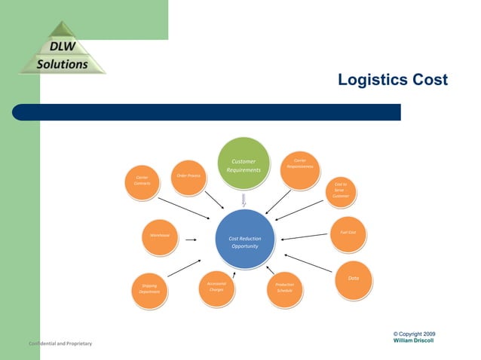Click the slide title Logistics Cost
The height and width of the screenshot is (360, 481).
tap(392, 80)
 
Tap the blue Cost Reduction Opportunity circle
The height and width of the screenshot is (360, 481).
tap(244, 242)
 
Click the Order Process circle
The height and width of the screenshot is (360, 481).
tap(188, 178)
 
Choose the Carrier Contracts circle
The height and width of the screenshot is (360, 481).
tap(142, 183)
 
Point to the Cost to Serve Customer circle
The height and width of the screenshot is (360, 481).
tap(341, 190)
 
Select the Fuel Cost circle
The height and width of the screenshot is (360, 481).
tap(348, 233)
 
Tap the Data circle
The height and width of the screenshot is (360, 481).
tap(352, 279)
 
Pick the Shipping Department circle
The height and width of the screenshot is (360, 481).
tap(149, 290)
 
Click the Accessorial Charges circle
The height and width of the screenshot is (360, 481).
tap(216, 288)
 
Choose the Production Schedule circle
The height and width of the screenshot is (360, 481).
tap(284, 288)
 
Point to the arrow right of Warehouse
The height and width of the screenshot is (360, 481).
tap(191, 241)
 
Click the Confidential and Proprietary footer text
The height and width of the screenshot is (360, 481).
tap(60, 343)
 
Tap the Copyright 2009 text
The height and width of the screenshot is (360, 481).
tap(414, 334)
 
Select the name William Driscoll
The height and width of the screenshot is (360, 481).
tap(414, 340)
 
